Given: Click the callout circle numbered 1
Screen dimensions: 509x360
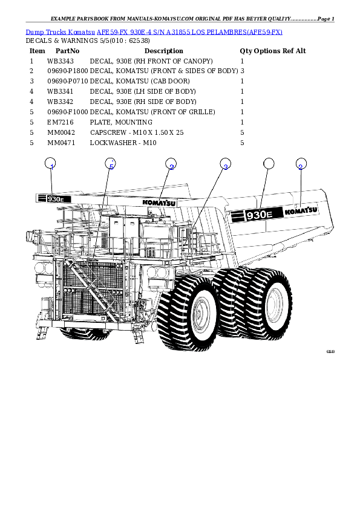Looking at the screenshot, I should coord(51,164).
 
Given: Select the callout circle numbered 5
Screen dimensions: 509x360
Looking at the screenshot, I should coord(110,164).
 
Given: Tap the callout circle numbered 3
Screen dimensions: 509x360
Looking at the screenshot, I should coord(225,164).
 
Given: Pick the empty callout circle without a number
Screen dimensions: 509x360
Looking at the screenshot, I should coord(269,164).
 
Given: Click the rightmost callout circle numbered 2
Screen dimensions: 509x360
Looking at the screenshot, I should coord(301,164).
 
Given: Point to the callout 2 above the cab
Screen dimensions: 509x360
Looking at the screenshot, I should coord(171,164).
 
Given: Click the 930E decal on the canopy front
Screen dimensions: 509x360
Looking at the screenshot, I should coord(54,198).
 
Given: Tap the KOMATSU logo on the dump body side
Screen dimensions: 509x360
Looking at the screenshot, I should coord(301,211).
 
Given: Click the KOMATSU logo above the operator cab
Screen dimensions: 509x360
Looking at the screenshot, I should coord(159,203).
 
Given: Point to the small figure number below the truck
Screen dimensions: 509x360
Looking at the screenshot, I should coord(330,351).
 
